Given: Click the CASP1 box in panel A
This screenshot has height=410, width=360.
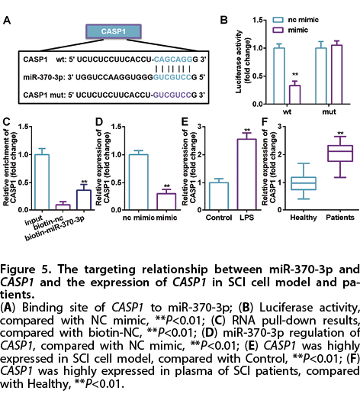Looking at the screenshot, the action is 114,31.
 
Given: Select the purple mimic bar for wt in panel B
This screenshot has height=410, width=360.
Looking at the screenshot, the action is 294,95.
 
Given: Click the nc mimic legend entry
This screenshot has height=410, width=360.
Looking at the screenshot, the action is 295,20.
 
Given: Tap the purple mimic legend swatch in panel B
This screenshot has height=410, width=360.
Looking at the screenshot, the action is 278,30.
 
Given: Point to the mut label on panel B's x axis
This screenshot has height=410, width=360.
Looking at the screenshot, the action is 329,112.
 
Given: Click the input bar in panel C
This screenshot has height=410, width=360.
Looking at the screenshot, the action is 42,182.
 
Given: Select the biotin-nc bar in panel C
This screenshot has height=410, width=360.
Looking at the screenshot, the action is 63,207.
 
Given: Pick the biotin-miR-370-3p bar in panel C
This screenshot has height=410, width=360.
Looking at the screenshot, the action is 84,200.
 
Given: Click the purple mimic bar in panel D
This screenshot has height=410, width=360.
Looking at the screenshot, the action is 166,202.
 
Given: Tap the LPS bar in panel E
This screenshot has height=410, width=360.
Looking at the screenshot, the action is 247,174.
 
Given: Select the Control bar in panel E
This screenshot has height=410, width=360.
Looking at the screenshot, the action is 219,196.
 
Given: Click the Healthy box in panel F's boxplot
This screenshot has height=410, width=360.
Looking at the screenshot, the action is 304,183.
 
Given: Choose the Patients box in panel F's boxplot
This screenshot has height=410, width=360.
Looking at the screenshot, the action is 340,153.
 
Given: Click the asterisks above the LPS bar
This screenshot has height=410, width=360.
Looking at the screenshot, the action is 247,131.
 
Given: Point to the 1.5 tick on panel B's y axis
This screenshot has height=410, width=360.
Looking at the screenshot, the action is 258,20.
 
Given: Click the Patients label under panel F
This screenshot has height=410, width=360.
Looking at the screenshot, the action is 340,218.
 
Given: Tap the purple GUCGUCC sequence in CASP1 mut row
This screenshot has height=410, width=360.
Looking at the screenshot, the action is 172,95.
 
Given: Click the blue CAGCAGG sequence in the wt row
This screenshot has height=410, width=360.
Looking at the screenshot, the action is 173,60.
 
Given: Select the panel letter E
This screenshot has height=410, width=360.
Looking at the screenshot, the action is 185,122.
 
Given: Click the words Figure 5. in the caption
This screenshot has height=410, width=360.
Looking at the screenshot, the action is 26,270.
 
